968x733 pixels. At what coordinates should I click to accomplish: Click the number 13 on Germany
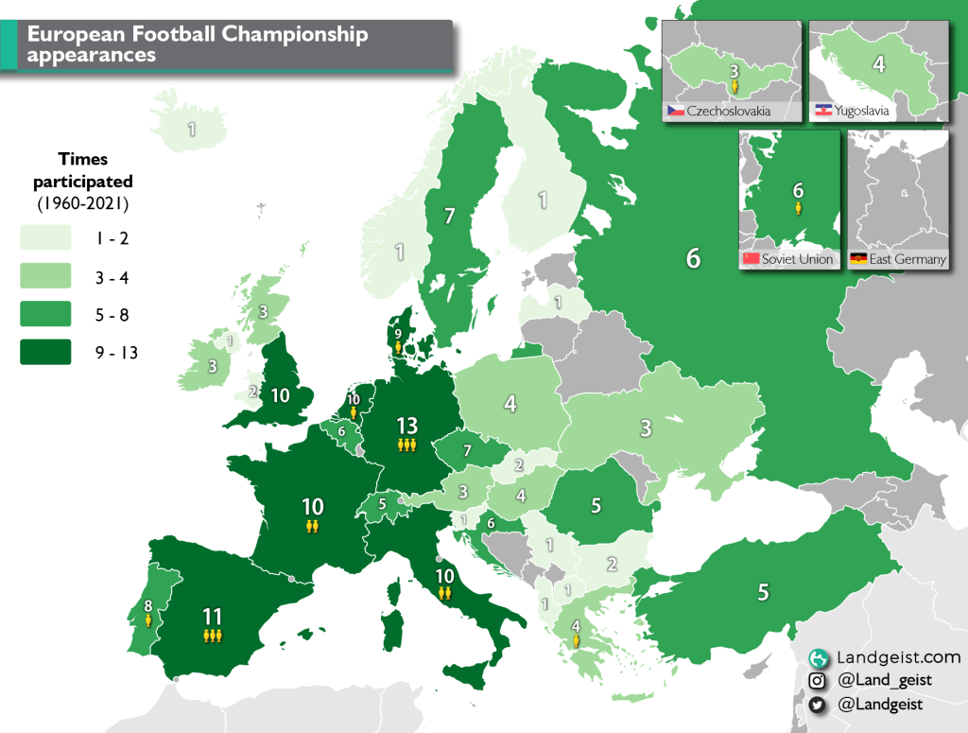(x=406, y=426)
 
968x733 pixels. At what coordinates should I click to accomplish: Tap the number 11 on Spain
(x=212, y=617)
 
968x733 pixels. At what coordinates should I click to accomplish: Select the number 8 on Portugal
(x=147, y=606)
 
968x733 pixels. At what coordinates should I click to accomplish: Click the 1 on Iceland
(x=192, y=130)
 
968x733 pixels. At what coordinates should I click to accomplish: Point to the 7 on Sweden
(x=450, y=217)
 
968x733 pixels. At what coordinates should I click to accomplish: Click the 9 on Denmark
(x=398, y=333)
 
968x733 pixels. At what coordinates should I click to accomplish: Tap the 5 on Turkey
(x=762, y=593)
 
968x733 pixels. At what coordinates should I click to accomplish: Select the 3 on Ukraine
(x=646, y=428)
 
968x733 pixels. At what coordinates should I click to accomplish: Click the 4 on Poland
(x=510, y=404)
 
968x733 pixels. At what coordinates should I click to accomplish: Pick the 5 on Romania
(x=596, y=505)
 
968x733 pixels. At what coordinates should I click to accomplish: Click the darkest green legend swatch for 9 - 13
(x=46, y=352)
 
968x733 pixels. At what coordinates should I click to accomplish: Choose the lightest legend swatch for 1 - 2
(x=46, y=237)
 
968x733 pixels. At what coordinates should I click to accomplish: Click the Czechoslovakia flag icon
(x=675, y=112)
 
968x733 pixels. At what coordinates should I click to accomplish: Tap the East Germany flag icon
(x=859, y=259)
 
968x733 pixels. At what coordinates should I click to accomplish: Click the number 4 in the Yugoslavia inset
(x=878, y=65)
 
